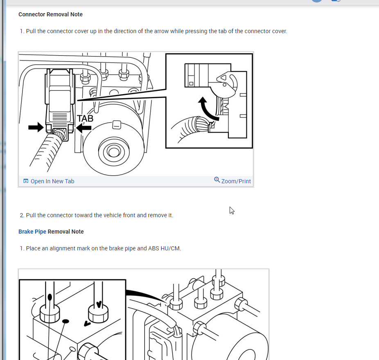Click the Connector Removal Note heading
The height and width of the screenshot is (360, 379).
(x=50, y=14)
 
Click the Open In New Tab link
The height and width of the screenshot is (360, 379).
(x=52, y=181)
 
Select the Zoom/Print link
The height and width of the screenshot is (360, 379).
(x=236, y=181)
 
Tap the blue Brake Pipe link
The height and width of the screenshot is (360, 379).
(x=32, y=232)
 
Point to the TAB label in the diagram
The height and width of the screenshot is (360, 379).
(x=85, y=118)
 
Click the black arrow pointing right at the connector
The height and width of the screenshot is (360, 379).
(x=36, y=127)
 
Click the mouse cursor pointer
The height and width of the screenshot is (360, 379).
(x=232, y=210)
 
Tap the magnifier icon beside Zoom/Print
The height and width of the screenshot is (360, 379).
(x=217, y=180)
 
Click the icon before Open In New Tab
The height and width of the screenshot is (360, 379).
(x=26, y=181)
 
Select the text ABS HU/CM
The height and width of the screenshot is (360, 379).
(x=165, y=248)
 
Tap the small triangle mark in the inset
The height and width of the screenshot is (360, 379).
(x=223, y=78)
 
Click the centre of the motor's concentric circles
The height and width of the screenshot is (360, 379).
(x=114, y=152)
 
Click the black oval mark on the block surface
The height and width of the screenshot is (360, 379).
(x=65, y=322)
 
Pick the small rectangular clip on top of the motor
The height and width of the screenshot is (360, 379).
(x=117, y=125)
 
